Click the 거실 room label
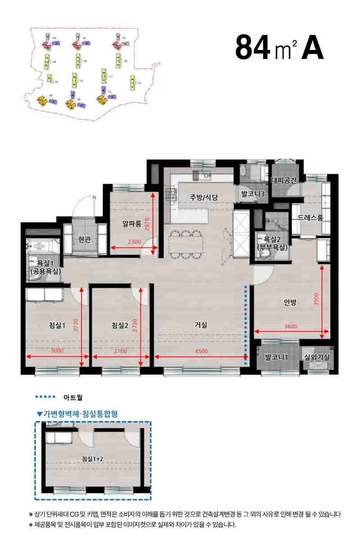(201, 324)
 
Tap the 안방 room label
(290, 302)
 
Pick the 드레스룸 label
(310, 218)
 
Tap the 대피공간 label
(284, 181)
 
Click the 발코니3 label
(252, 194)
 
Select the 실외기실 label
(317, 357)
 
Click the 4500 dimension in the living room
(201, 351)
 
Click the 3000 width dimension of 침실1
(57, 351)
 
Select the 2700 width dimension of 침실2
(121, 351)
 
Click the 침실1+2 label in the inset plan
(93, 459)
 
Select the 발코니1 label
(276, 358)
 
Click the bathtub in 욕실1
(44, 246)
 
